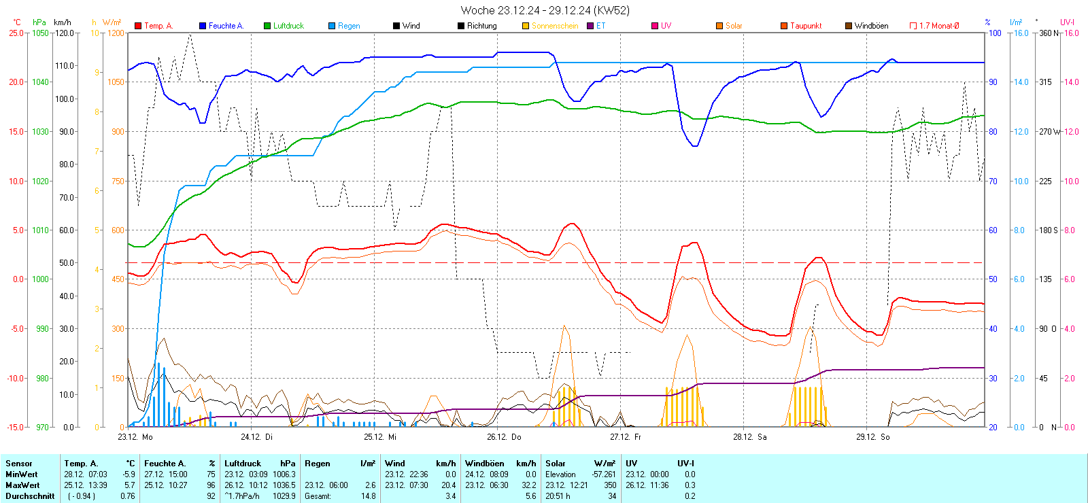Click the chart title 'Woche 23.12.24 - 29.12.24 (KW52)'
point(545,10)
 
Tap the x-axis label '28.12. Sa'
point(749,437)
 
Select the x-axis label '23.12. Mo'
point(135,437)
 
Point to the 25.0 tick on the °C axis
point(16,33)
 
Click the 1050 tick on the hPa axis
point(41,33)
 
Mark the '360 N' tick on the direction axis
point(1049,33)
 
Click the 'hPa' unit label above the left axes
point(39,22)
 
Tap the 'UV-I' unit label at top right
point(1067,22)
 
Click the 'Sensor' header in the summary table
point(19,464)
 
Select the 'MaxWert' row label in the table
point(22,485)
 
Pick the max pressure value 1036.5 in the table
point(284,485)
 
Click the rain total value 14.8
point(368,496)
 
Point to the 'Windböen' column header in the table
point(485,464)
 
